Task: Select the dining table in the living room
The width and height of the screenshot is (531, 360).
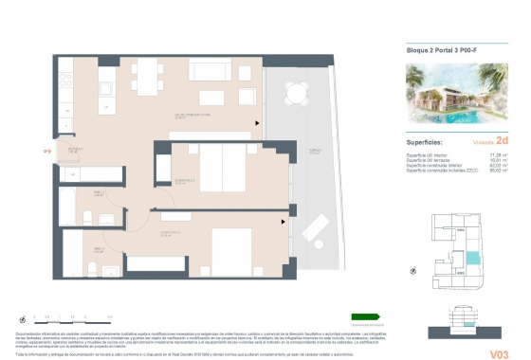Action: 144,75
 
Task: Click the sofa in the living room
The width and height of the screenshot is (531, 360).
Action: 209,72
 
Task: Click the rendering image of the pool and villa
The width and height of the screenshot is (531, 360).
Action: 451,96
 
